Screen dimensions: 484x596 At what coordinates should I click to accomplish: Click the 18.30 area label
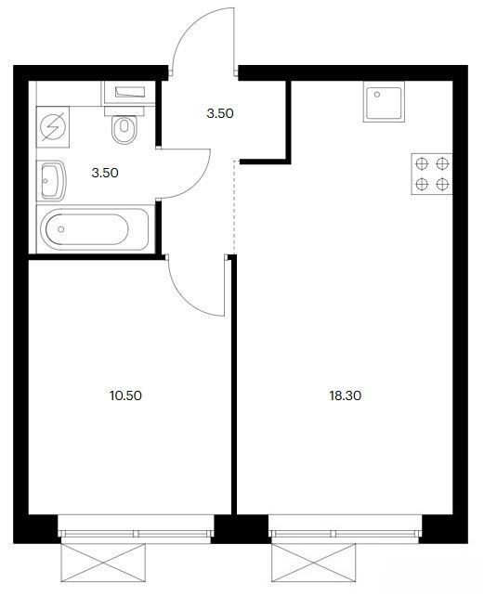pos(345,395)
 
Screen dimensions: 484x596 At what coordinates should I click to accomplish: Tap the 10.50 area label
pos(125,395)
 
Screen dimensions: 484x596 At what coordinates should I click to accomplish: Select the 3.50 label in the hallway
pos(220,113)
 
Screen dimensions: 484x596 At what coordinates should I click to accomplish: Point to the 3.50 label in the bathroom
pos(105,173)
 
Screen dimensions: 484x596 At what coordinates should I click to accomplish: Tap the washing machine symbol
pos(53,127)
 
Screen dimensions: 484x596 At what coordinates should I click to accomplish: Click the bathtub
pos(95,229)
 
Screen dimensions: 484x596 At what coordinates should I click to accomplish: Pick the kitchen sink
pos(384,102)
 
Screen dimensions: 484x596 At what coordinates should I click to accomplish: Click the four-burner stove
pos(432,175)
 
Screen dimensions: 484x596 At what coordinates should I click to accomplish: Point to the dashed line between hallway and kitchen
pos(234,207)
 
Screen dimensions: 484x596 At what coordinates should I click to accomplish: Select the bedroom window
pos(137,529)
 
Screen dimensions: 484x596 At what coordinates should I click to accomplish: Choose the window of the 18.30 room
pos(345,529)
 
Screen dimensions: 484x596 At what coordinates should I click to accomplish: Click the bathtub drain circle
pos(61,229)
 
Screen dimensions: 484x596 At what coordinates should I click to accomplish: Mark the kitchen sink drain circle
pos(377,95)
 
